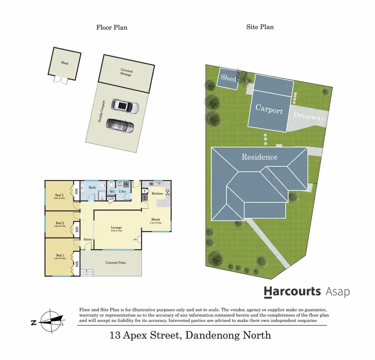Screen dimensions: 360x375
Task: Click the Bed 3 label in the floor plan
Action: pos(59,195)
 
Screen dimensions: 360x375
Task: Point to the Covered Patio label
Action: pos(115,262)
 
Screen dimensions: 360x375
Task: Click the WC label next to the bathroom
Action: pos(112,191)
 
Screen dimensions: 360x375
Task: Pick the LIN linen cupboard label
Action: pos(110,199)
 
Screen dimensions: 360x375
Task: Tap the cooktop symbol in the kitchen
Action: pos(167,193)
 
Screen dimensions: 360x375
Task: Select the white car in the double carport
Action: pos(120,105)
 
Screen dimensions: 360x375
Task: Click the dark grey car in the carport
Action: pos(120,125)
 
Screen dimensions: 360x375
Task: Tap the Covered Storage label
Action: pos(126,73)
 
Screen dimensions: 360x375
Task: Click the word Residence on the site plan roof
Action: pos(259,157)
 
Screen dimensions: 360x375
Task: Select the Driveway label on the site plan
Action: pos(308,117)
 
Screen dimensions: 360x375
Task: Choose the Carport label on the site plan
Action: pos(269,110)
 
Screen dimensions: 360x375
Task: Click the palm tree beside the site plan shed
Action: pos(244,78)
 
